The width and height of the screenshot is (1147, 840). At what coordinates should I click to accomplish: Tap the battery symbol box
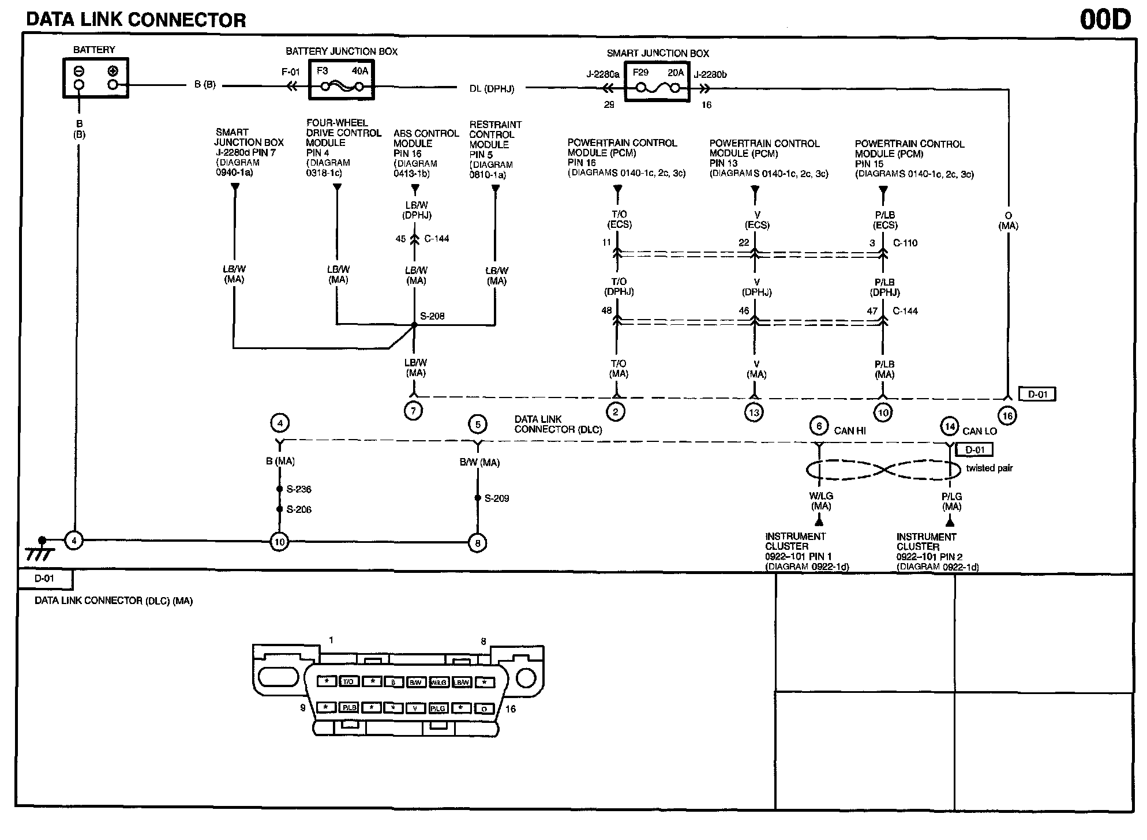[95, 78]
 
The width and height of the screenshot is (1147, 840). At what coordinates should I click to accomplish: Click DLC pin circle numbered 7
[414, 411]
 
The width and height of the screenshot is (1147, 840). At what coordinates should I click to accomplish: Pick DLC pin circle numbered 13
[754, 412]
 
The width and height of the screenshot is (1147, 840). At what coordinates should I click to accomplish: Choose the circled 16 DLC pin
[1007, 415]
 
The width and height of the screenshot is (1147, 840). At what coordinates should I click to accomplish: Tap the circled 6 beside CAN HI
[819, 426]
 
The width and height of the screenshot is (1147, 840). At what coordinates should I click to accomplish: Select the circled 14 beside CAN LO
[949, 427]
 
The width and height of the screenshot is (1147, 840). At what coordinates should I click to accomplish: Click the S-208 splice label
[432, 316]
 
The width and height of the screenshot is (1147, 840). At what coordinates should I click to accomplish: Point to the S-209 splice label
[496, 498]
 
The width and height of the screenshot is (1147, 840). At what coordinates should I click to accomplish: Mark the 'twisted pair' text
[989, 468]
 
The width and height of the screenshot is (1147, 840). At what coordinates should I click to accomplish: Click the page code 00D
[1105, 20]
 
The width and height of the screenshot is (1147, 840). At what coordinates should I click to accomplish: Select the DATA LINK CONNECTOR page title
[136, 20]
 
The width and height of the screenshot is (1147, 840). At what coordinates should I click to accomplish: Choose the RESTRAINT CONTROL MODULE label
[495, 134]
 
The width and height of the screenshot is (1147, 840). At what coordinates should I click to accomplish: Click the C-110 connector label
[905, 243]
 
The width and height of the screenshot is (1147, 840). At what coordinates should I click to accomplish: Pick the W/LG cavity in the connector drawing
[438, 682]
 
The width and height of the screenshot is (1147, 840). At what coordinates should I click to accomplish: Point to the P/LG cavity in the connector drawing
[438, 708]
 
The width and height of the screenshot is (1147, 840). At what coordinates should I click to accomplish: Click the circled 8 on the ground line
[477, 543]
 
